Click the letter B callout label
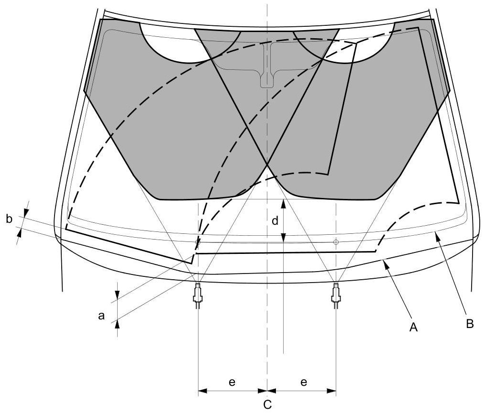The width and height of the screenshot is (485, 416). pyautogui.click(x=469, y=324)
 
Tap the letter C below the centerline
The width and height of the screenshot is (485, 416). pyautogui.click(x=267, y=405)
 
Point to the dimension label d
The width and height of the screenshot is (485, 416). pyautogui.click(x=275, y=221)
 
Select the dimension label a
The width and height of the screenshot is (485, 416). pyautogui.click(x=101, y=316)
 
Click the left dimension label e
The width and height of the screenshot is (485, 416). pyautogui.click(x=231, y=382)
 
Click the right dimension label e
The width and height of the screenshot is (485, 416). pyautogui.click(x=303, y=382)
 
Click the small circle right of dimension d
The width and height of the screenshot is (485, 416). pyautogui.click(x=336, y=242)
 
